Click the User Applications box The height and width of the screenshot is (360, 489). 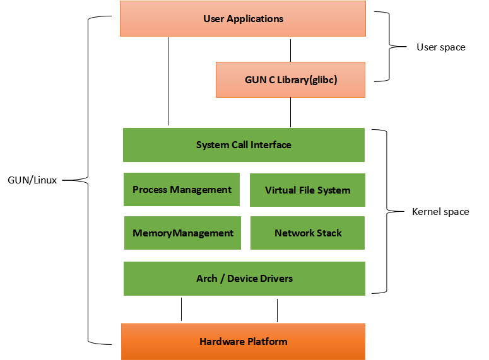pos(243,18)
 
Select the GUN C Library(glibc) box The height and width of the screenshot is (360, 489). pos(290,79)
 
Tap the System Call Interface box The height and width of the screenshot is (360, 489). pos(244,145)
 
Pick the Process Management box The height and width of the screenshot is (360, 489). pos(182,189)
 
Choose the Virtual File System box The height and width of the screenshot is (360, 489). pos(307,190)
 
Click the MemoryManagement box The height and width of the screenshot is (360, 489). pos(183,233)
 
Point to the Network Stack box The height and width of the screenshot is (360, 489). pos(308,233)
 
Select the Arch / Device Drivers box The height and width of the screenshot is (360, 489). pos(244,278)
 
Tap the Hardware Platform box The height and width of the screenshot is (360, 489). pos(243,342)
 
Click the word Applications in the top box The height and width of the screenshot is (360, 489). pos(256,18)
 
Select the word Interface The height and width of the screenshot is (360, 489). pos(271,145)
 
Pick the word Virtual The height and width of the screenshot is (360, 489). pos(280,190)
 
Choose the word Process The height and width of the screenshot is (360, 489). pos(150,189)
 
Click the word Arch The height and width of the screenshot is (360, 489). pos(206,278)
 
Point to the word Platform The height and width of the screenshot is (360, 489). pos(266,342)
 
